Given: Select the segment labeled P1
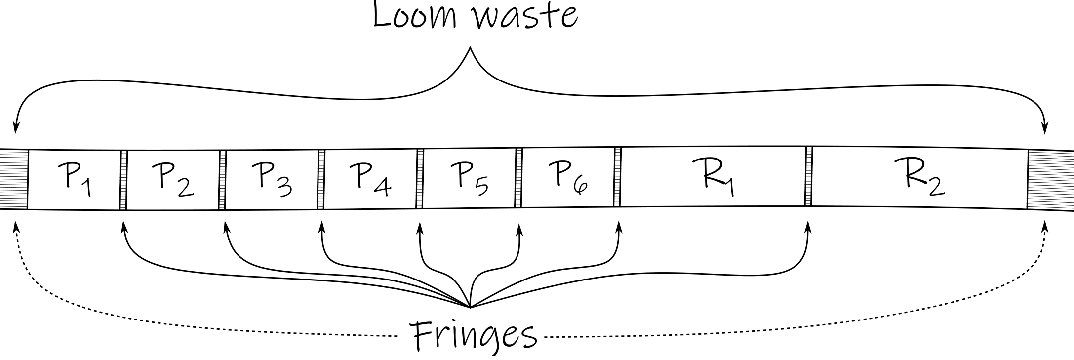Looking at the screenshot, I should (x=74, y=179).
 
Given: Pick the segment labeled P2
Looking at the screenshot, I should (x=173, y=180).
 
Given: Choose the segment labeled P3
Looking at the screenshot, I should (x=271, y=179).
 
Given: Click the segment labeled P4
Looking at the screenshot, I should (x=370, y=179).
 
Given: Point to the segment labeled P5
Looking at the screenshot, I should (x=469, y=179).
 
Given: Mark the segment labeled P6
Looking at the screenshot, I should (x=567, y=178).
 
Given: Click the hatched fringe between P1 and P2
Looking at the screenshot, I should (x=123, y=180).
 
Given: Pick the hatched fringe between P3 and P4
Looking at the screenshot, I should (x=321, y=179).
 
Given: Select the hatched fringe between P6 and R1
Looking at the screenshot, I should (x=617, y=177).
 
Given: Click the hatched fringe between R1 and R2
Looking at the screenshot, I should (x=808, y=176).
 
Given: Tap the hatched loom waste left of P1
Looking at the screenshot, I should (x=14, y=179).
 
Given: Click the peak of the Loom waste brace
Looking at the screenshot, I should (x=470, y=48).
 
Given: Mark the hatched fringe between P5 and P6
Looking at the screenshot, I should (x=518, y=178).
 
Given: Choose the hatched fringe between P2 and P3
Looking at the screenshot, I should (x=222, y=180).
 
